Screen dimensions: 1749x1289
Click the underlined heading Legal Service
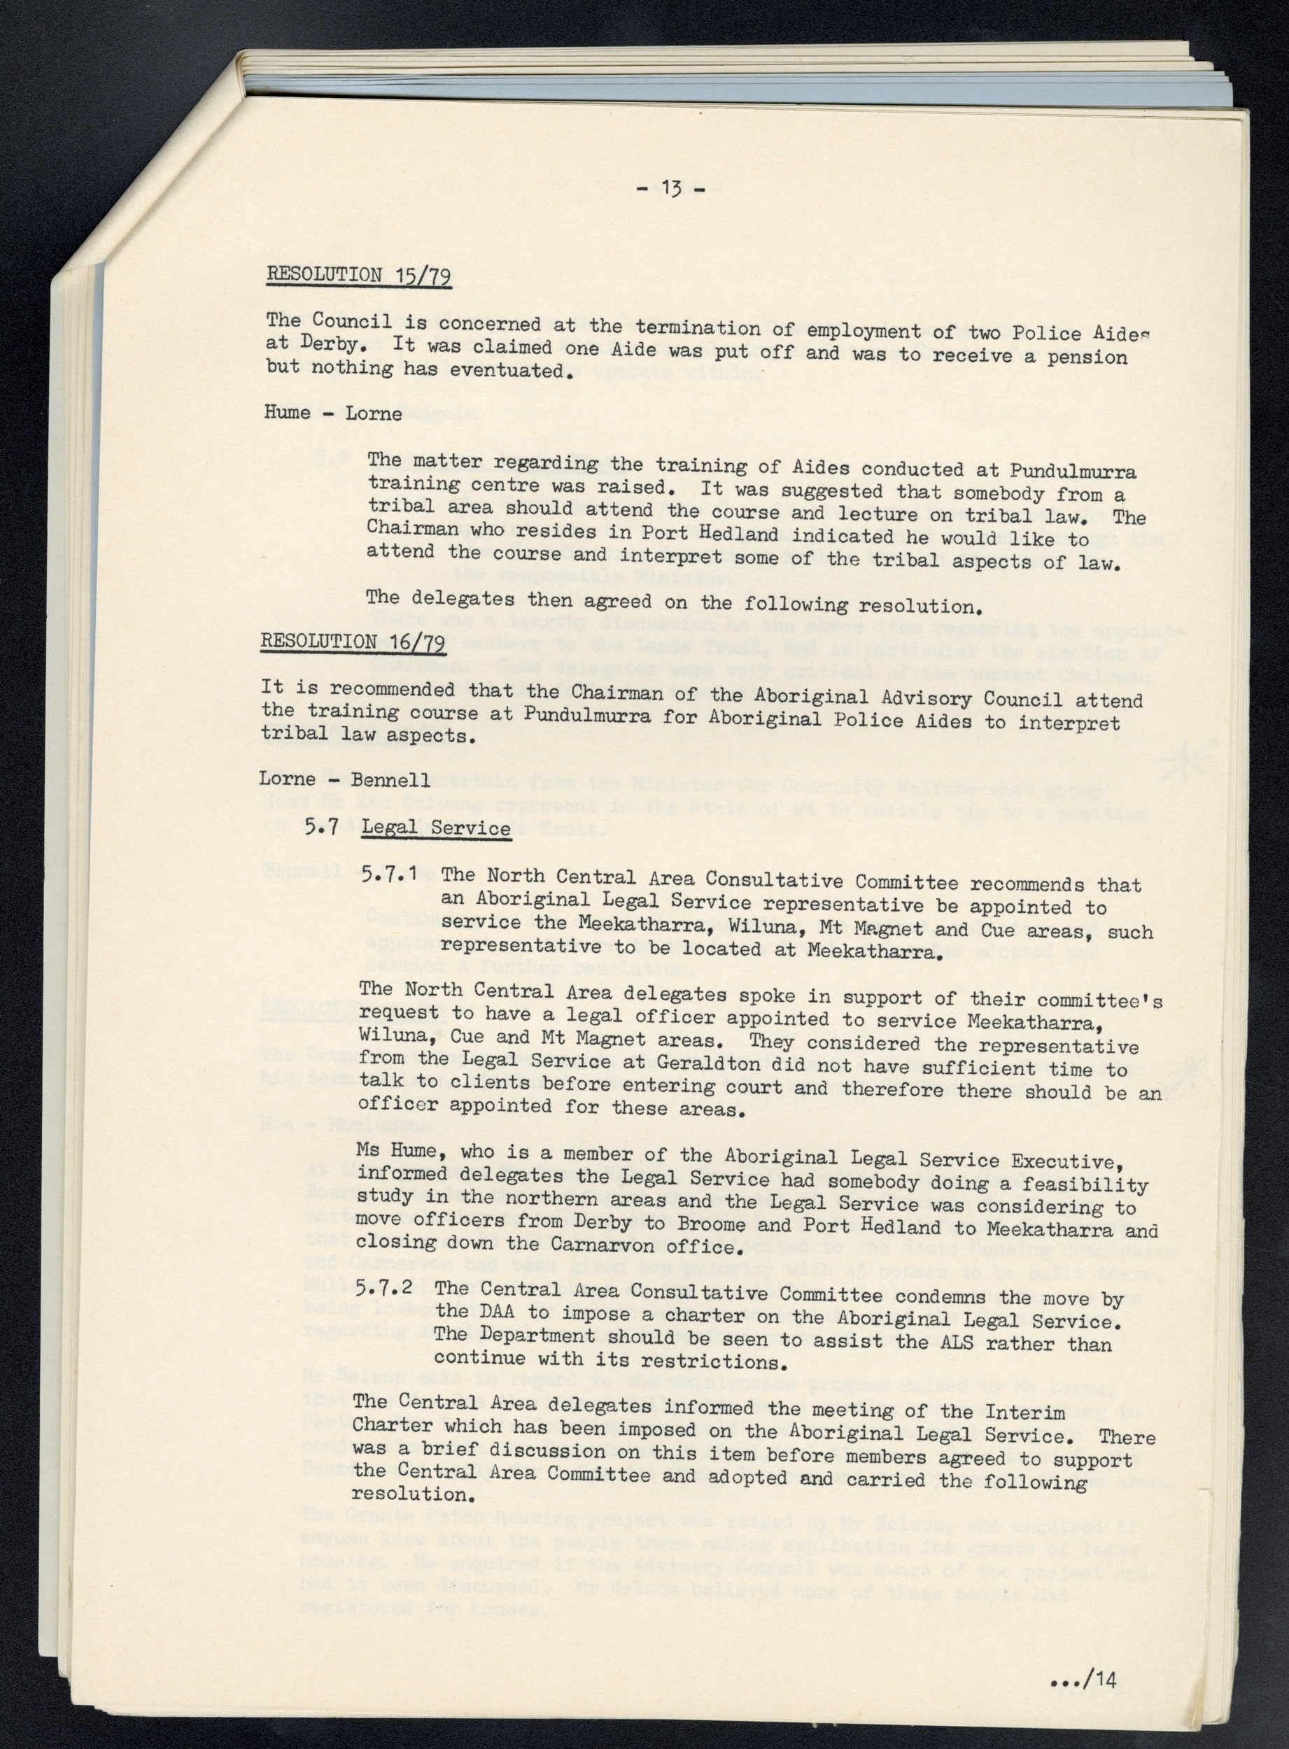pos(435,828)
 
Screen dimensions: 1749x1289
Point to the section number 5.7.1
pos(394,874)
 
